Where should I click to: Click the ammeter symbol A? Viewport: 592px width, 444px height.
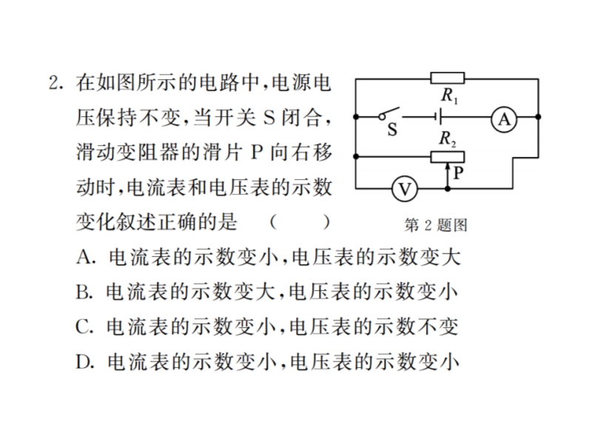[503, 118]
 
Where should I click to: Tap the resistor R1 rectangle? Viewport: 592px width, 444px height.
[447, 77]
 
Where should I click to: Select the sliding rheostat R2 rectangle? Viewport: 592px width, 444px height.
[447, 156]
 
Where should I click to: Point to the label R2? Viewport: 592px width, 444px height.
[447, 138]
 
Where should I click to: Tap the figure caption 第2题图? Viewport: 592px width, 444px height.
[437, 224]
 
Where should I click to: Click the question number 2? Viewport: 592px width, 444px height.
[54, 83]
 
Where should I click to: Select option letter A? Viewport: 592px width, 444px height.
[83, 257]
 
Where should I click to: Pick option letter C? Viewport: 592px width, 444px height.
[83, 326]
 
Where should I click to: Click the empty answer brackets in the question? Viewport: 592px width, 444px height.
[299, 222]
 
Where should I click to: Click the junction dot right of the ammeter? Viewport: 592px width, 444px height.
[538, 117]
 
